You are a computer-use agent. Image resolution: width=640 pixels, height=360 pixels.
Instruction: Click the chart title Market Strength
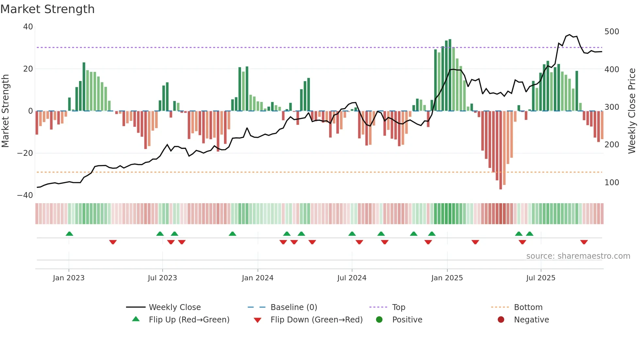coord(47,9)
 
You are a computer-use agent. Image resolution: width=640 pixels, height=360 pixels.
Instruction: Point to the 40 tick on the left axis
coord(28,27)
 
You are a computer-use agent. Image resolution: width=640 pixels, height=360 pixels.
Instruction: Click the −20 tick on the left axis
coord(25,153)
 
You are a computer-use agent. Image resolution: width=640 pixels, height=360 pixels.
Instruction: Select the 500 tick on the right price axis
coord(612,32)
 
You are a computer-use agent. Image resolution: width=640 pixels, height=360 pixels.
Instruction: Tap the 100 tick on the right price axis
coord(612,183)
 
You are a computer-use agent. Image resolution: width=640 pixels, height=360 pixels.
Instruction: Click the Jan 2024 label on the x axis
coord(258,278)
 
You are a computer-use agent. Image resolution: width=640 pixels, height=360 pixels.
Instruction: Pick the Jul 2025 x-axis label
coord(541,278)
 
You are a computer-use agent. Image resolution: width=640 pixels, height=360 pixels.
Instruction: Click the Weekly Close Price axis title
coord(632,111)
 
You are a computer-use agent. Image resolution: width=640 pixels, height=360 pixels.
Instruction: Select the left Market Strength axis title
coord(6,111)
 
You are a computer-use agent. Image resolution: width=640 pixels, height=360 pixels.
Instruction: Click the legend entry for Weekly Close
coord(175,307)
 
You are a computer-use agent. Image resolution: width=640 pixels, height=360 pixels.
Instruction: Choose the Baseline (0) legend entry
coord(294,307)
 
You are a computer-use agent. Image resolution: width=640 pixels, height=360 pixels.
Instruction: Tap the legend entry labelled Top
coord(399,307)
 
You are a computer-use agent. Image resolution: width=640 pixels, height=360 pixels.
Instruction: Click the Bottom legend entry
coord(528,307)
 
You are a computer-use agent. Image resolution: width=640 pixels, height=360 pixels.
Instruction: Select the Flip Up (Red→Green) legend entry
coord(189,320)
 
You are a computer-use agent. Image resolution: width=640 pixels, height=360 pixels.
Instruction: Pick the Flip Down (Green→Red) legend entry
coord(316,320)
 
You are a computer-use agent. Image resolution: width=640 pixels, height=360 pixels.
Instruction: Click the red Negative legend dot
coord(501,319)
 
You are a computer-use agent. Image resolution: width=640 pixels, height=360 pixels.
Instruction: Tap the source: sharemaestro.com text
coord(578,256)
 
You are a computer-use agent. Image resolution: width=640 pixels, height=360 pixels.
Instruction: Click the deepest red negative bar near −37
coord(501,150)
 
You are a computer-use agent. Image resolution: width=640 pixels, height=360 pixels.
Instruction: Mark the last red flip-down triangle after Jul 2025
coord(584,242)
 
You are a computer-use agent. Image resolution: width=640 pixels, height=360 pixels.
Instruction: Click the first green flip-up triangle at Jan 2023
coord(69,234)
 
